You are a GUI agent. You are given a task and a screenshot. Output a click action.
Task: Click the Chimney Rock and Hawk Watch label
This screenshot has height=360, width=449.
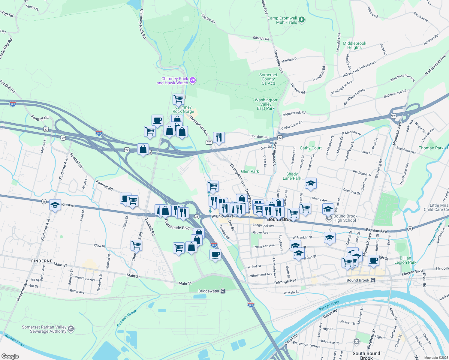click(173, 81)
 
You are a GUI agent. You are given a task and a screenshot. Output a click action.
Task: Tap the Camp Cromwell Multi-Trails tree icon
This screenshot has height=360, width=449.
click(302, 20)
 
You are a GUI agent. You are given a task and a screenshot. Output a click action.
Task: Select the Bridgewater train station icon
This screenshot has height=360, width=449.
click(223, 291)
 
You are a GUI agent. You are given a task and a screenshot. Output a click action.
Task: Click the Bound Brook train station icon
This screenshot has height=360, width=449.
click(373, 280)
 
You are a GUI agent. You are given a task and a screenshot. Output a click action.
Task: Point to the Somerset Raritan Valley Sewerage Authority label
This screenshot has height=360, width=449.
click(44, 329)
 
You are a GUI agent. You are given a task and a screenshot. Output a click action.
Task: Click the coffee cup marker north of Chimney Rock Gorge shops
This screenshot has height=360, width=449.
click(157, 120)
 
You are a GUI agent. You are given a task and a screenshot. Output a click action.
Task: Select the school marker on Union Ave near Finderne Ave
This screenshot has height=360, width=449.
click(55, 205)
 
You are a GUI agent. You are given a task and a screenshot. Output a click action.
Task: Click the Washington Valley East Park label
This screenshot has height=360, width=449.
click(266, 104)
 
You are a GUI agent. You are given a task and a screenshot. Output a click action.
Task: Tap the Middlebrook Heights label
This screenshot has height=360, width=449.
click(354, 45)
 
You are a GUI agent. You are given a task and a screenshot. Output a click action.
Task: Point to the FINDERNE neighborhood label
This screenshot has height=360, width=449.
click(42, 261)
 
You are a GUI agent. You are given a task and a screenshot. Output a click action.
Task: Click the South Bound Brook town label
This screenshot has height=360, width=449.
click(366, 355)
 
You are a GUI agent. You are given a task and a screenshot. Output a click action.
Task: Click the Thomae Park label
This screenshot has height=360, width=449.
click(431, 148)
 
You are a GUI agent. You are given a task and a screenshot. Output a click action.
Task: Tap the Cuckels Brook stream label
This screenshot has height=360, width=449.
click(127, 318)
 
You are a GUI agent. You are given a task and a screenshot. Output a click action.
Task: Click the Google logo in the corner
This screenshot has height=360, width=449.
click(10, 356)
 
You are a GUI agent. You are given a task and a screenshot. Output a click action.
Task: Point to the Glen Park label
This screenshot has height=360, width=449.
click(250, 171)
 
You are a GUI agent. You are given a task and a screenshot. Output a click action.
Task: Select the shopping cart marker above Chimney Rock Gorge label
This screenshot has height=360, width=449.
click(178, 99)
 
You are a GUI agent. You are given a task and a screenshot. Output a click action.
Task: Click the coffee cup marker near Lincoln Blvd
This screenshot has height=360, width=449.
click(373, 260)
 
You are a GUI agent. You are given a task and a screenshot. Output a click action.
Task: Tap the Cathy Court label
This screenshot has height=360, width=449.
click(311, 148)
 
